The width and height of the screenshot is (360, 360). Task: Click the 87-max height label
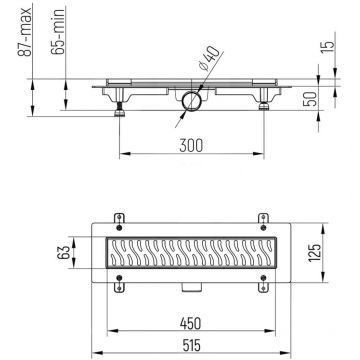coord(11,29)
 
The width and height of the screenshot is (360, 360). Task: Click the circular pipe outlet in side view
coord(191,100)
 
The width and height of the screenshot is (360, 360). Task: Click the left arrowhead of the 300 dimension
coord(125,154)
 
